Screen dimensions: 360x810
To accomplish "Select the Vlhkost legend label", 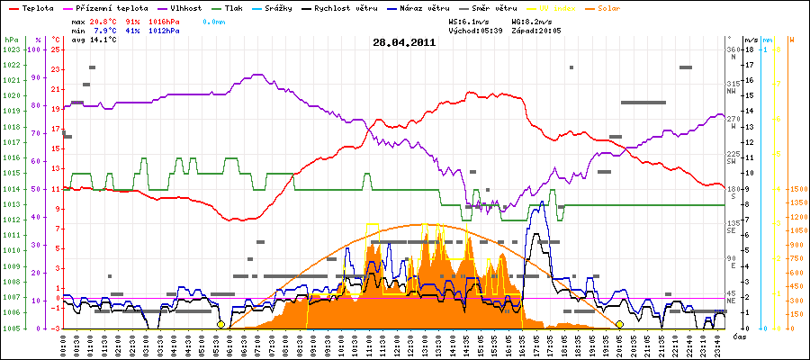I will [x=185, y=7].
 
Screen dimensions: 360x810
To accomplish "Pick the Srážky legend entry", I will [x=278, y=7].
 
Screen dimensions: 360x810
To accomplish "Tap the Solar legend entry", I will [x=597, y=7].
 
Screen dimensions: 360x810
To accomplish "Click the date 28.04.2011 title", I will [x=405, y=41].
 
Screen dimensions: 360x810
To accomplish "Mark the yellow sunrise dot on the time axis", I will [x=220, y=324].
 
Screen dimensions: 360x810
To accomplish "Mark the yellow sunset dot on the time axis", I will [x=619, y=324].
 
